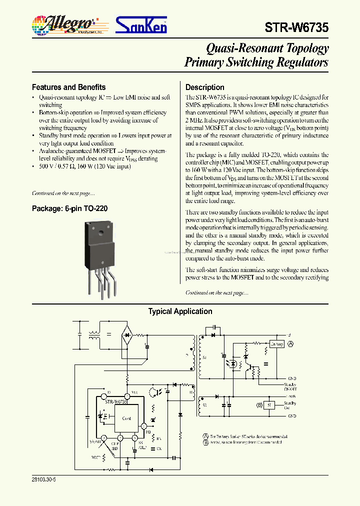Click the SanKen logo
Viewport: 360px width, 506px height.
(x=141, y=24)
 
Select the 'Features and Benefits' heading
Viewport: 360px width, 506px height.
(x=68, y=87)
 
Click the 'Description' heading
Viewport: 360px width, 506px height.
(x=204, y=87)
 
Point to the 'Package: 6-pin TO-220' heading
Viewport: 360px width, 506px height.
(x=69, y=208)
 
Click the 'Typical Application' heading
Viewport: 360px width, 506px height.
(x=180, y=311)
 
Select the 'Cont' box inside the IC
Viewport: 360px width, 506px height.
(x=126, y=418)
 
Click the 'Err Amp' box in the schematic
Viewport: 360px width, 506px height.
(x=276, y=343)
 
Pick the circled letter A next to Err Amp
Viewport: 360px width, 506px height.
(x=290, y=343)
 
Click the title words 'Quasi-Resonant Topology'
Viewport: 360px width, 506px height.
(x=267, y=48)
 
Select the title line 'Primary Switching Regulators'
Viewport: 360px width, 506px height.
(x=256, y=62)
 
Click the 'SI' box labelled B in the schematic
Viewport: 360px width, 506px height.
(x=269, y=404)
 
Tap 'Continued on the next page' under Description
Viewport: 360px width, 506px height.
(x=216, y=292)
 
